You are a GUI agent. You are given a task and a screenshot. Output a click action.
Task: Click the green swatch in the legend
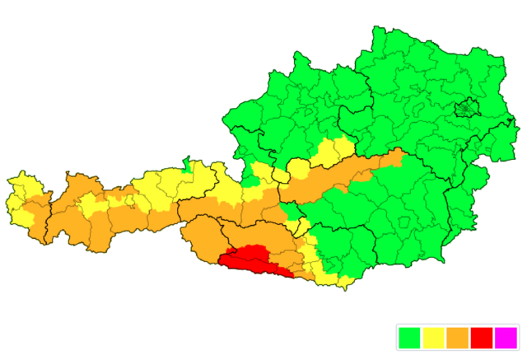[408, 338]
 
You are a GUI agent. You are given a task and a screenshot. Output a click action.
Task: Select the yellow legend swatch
[432, 338]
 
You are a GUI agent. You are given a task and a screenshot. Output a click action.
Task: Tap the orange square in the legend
[457, 338]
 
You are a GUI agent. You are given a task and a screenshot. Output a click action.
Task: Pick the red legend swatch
[481, 338]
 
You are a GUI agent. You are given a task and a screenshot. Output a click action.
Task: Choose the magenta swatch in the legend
[505, 338]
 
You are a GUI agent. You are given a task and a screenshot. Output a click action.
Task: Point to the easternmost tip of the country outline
[516, 124]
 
